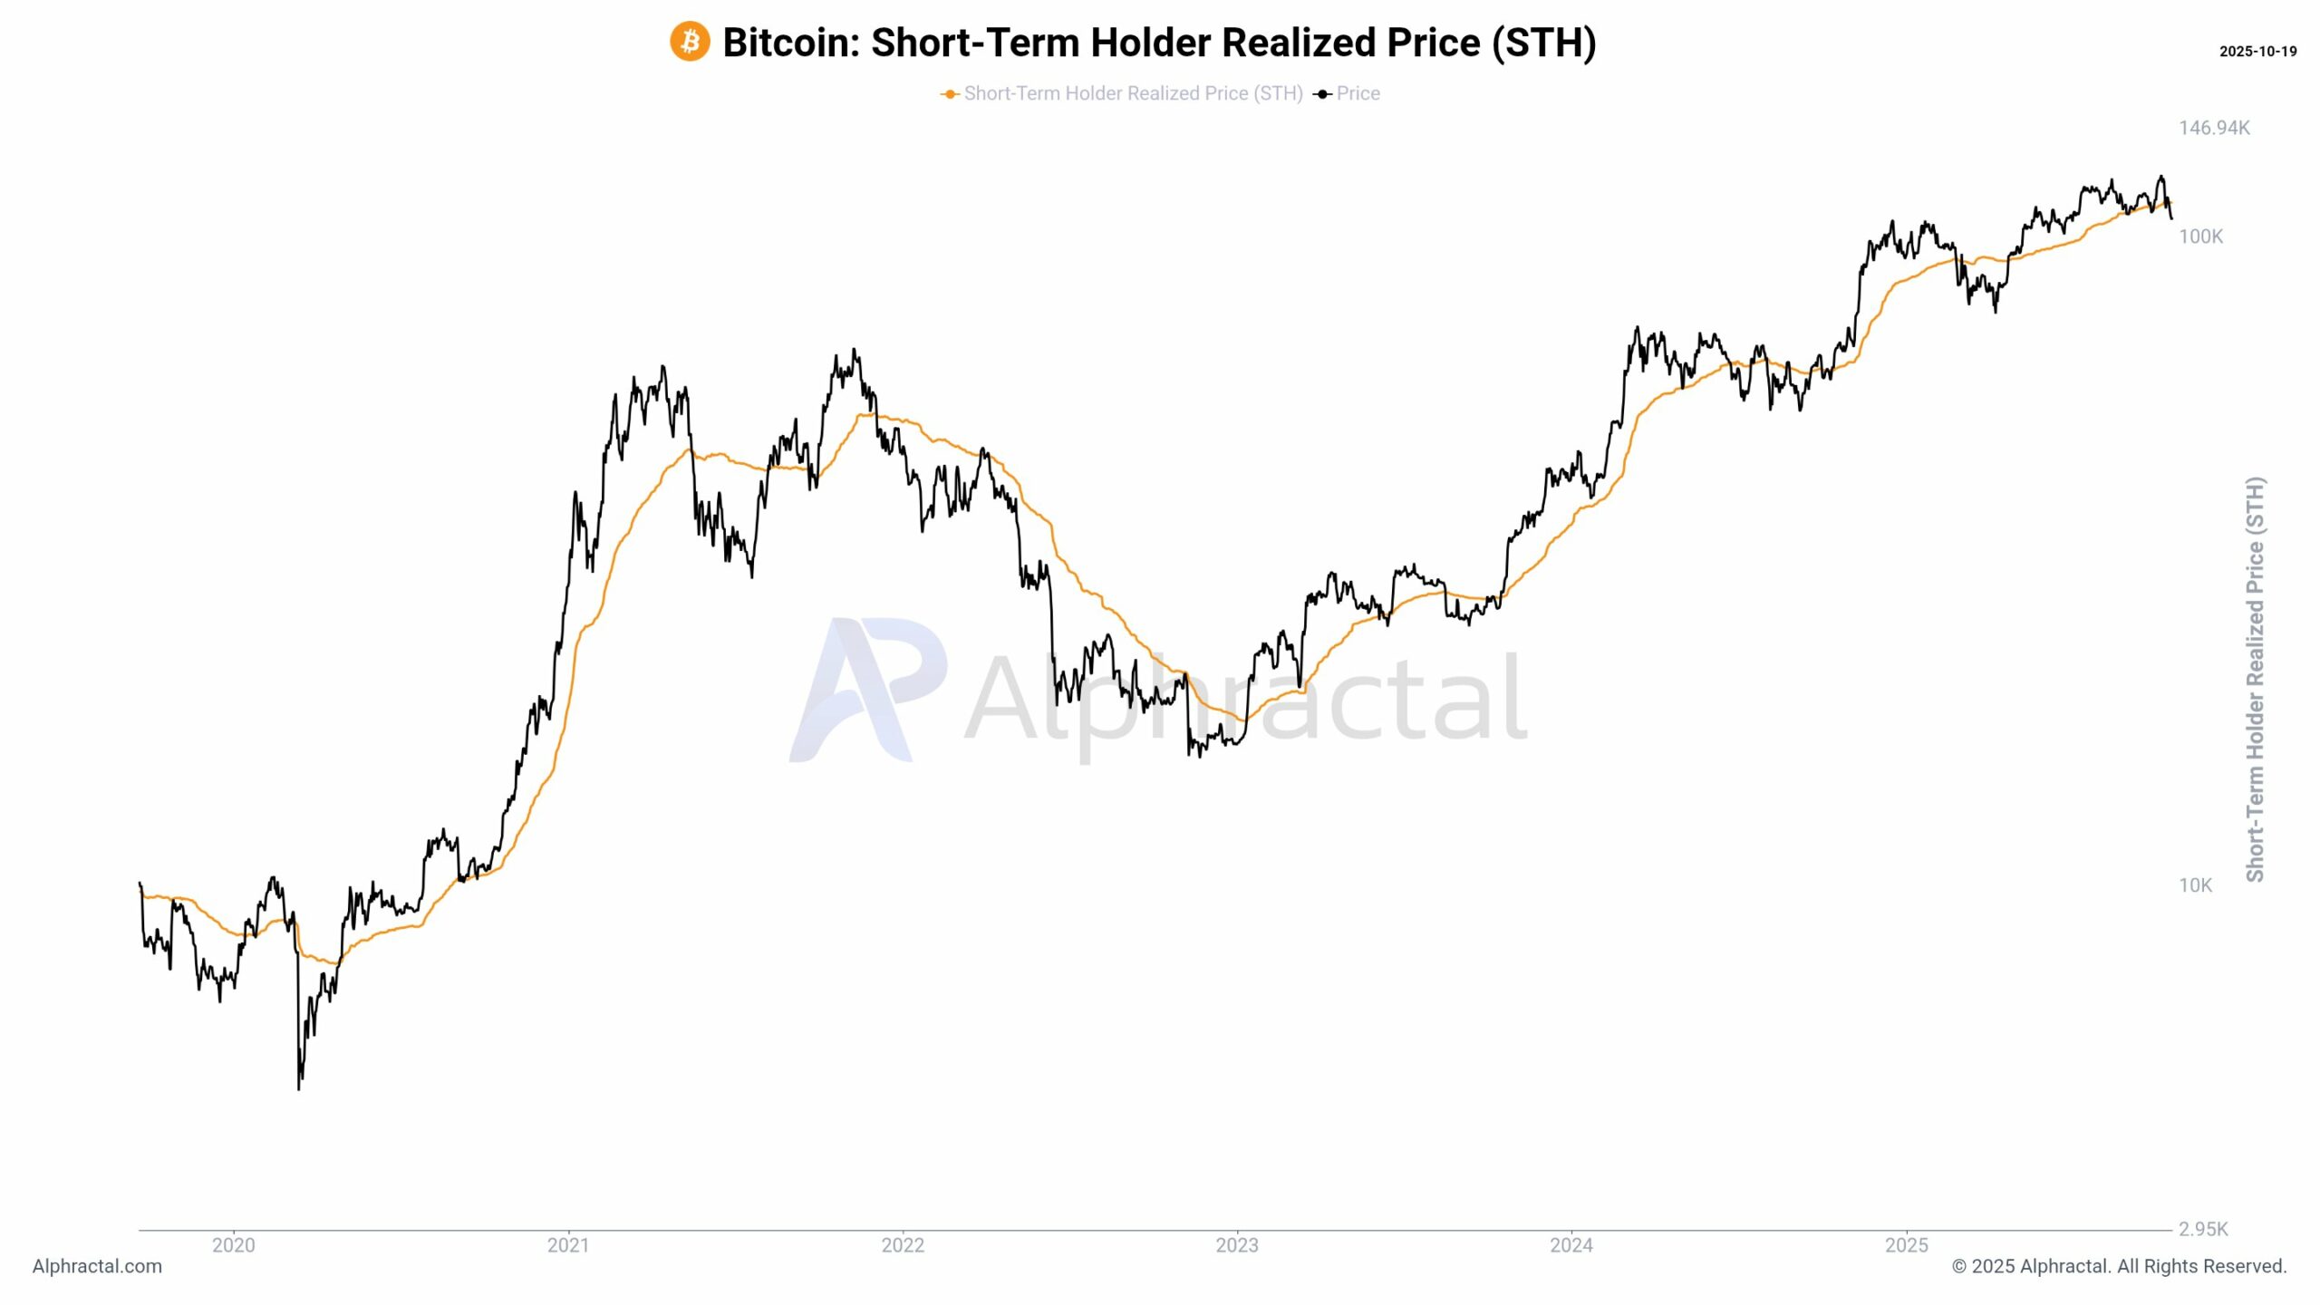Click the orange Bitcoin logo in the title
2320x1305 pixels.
tap(690, 43)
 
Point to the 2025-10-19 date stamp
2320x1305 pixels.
tap(2257, 52)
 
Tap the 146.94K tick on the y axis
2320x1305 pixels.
tap(2213, 128)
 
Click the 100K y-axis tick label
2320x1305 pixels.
tap(2200, 237)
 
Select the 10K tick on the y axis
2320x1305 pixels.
tap(2195, 885)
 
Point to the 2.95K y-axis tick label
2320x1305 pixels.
tap(2202, 1229)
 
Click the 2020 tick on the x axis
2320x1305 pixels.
tap(234, 1245)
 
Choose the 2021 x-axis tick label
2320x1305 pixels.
tap(568, 1245)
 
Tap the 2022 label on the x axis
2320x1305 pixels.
tap(903, 1245)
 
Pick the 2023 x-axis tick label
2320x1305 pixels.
tap(1237, 1245)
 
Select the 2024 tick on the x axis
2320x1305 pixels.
tap(1571, 1245)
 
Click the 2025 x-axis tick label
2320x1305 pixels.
tap(1907, 1245)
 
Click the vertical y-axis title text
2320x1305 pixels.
tap(2255, 680)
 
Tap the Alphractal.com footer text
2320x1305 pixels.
tap(97, 1266)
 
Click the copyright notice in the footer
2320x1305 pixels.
tap(2119, 1266)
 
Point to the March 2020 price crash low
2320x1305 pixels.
tap(299, 1086)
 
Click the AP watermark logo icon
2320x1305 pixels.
tap(867, 690)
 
